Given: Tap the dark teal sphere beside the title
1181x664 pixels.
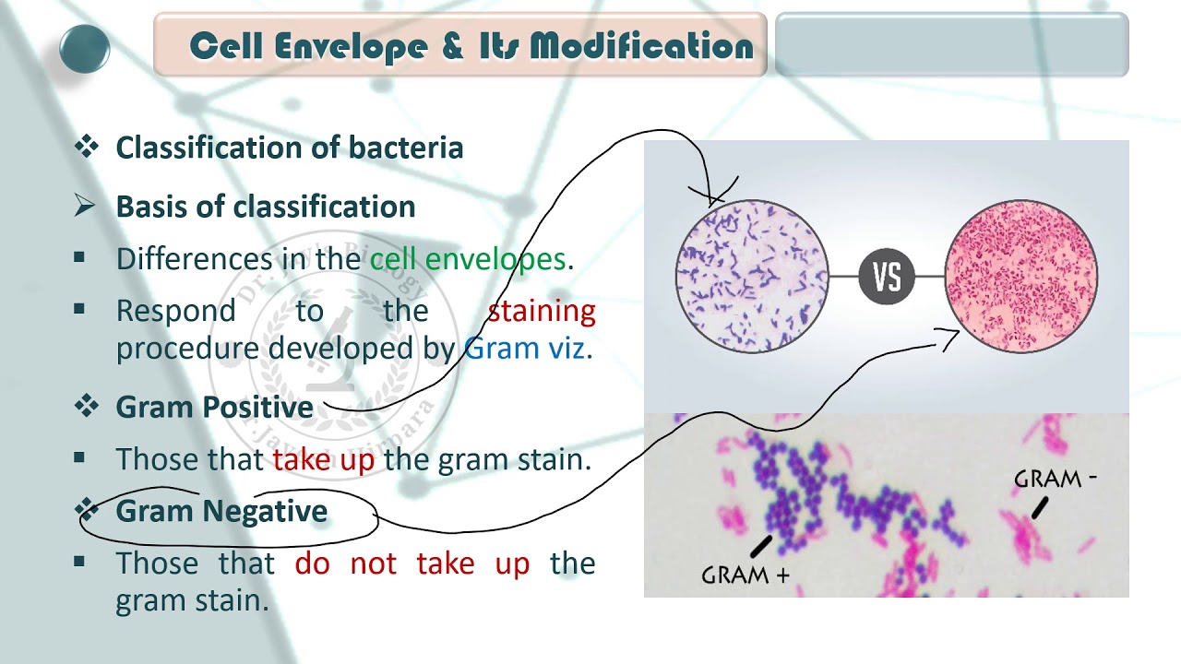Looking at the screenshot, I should click(x=85, y=49).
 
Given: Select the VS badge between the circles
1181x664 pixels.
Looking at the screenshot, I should click(x=887, y=276).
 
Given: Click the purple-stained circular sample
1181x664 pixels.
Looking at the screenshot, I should click(x=753, y=276).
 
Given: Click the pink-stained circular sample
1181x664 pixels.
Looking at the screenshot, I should click(x=1021, y=276).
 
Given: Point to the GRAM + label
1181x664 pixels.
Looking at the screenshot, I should click(x=746, y=575).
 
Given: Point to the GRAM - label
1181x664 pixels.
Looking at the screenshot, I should click(x=1055, y=479).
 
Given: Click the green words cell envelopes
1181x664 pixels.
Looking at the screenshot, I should click(x=468, y=259).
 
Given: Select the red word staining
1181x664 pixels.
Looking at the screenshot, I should click(x=542, y=311).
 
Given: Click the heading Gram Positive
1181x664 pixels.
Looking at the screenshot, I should click(x=214, y=407).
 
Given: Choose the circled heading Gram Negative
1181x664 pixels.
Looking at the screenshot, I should click(x=221, y=511).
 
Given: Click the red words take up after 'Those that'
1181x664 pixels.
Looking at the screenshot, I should click(x=323, y=459).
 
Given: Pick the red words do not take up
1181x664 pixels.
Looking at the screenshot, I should click(x=412, y=563).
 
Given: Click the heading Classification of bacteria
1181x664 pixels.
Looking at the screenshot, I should click(x=289, y=148).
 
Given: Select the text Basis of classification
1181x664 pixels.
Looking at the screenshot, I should click(x=266, y=207).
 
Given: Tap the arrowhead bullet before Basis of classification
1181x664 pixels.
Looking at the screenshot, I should click(x=85, y=207).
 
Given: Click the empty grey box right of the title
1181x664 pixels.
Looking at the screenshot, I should click(x=951, y=44).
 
